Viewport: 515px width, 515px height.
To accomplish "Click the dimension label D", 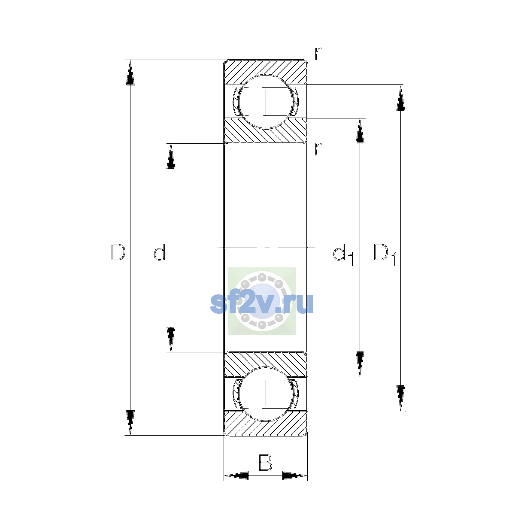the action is [x=118, y=252].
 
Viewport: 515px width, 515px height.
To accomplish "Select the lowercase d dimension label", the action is [x=160, y=252].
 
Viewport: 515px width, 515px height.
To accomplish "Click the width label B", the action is [x=265, y=462].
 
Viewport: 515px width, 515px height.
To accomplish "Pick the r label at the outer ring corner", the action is [x=318, y=53].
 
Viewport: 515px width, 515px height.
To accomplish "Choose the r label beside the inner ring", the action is [x=318, y=149].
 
